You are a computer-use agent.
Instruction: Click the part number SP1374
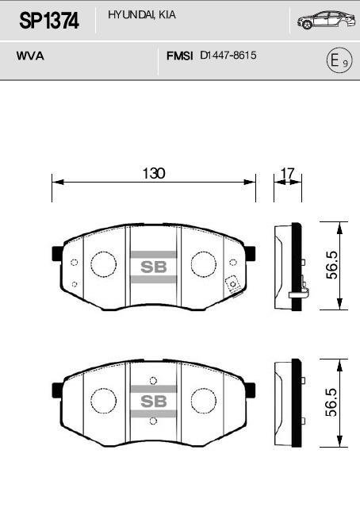click(48, 21)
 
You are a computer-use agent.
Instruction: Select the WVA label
click(29, 57)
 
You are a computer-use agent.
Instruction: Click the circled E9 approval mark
click(338, 61)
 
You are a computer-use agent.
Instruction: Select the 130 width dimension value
click(154, 173)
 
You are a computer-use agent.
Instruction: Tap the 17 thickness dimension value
click(288, 173)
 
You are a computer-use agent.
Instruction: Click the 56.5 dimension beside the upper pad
click(332, 265)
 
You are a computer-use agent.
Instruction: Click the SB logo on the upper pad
click(153, 267)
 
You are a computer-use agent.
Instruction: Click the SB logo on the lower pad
click(153, 401)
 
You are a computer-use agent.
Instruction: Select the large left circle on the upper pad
click(102, 264)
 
